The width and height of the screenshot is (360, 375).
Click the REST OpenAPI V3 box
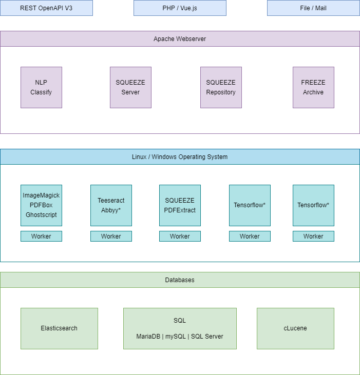click(46, 8)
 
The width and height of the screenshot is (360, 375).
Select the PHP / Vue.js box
click(180, 8)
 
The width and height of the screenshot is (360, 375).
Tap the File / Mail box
click(313, 8)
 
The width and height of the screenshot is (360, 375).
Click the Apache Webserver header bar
click(180, 39)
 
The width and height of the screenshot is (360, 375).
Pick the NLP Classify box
click(41, 87)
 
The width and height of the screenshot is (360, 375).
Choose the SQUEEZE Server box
click(130, 87)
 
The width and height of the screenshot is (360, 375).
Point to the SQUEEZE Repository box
click(221, 87)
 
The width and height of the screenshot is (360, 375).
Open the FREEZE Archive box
click(313, 87)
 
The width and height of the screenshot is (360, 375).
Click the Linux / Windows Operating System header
click(180, 157)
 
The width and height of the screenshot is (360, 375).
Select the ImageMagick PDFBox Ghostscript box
click(41, 205)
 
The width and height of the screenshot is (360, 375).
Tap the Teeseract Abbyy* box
click(111, 205)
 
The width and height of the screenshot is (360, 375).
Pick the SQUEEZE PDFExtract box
click(180, 205)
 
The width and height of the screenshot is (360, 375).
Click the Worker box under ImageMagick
click(41, 236)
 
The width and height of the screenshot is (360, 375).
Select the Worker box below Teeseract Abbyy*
click(111, 236)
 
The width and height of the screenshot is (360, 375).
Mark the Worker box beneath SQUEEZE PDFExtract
click(180, 236)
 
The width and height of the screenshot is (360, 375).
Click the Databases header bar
click(180, 280)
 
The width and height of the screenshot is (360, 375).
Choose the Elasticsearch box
click(59, 328)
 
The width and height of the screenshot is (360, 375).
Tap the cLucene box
click(295, 328)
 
